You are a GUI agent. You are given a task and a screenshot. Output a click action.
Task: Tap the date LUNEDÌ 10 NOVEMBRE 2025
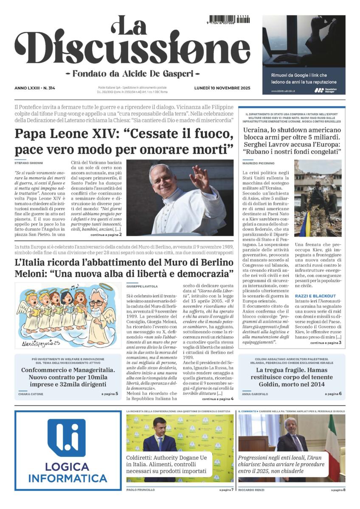(x=222, y=88)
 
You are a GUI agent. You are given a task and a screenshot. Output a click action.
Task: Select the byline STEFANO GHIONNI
(x=28, y=162)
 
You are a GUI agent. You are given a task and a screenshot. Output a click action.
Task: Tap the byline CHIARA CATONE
(x=31, y=394)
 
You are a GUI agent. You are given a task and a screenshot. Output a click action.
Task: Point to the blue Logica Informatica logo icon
(x=66, y=437)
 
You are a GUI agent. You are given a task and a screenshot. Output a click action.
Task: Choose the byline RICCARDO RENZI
(x=251, y=490)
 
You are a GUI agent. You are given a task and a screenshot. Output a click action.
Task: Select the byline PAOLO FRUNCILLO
(x=141, y=490)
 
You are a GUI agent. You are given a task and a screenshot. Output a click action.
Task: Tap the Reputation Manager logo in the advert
(x=325, y=90)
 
